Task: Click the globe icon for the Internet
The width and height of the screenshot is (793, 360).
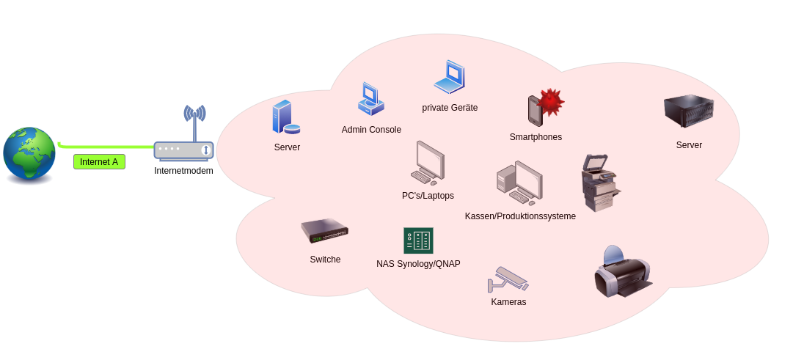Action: coord(29,154)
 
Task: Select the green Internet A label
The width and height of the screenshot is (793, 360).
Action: coord(99,162)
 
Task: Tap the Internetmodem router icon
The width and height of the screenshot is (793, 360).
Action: coord(183,150)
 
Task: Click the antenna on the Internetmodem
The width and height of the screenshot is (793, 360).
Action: coord(194,117)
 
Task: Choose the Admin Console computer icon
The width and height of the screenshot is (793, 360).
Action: coord(370,100)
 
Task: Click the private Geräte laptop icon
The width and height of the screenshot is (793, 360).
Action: coord(450,77)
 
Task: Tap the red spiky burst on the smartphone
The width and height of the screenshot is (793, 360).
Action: coord(550,102)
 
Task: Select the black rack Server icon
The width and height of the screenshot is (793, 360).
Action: coord(688,111)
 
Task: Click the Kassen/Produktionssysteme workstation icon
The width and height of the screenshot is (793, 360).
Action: coord(519,183)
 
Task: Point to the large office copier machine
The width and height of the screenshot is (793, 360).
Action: coord(599,183)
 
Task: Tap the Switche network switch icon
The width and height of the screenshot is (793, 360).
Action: coord(324,232)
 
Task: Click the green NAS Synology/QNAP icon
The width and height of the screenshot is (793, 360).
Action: coord(418,240)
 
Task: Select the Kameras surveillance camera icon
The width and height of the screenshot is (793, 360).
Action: coord(508,279)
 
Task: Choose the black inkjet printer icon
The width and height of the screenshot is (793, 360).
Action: coord(622,273)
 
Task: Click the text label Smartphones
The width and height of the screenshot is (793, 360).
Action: coord(536,137)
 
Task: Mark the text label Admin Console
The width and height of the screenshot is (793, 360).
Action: coord(371,130)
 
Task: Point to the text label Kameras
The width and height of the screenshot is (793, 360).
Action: coord(508,302)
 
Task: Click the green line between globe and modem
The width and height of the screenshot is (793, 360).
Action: coord(110,147)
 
